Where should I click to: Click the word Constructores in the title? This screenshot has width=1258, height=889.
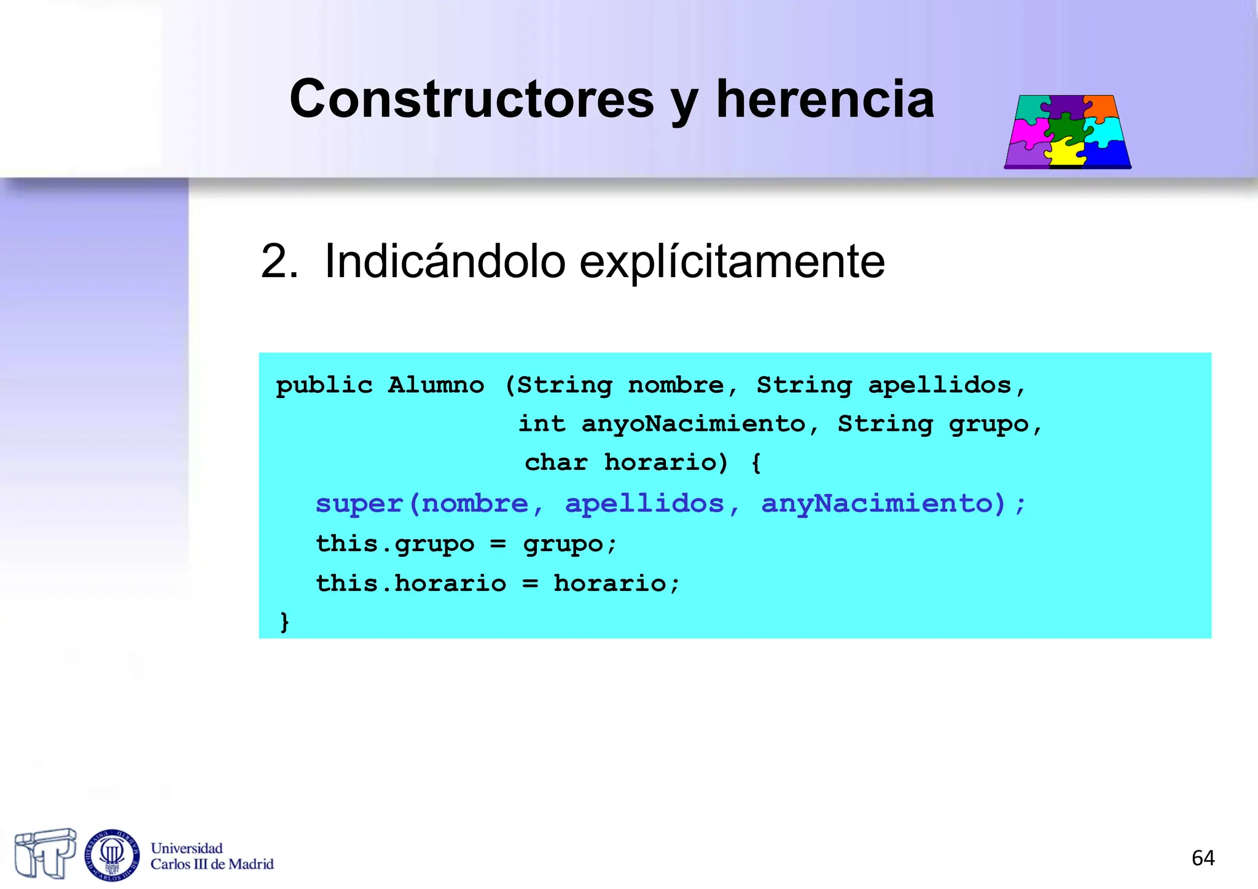(471, 100)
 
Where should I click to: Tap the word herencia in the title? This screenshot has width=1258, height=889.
(825, 100)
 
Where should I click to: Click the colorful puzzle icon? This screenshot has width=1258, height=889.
(1068, 131)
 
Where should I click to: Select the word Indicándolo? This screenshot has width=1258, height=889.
(444, 262)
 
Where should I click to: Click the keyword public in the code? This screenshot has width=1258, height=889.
(324, 386)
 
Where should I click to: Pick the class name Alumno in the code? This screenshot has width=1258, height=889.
(436, 386)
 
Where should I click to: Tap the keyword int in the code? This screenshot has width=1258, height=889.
(542, 424)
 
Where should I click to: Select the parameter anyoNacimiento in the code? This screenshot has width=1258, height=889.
(693, 424)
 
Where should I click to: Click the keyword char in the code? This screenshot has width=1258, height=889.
(557, 462)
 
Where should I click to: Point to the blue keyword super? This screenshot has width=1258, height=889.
(359, 504)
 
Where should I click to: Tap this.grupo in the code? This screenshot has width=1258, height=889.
(395, 544)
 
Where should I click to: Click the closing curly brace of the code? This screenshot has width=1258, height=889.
(284, 622)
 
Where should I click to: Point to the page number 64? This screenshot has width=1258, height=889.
(1203, 858)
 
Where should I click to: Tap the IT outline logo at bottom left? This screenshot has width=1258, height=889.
(45, 853)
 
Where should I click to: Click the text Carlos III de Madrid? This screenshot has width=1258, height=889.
(212, 864)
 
